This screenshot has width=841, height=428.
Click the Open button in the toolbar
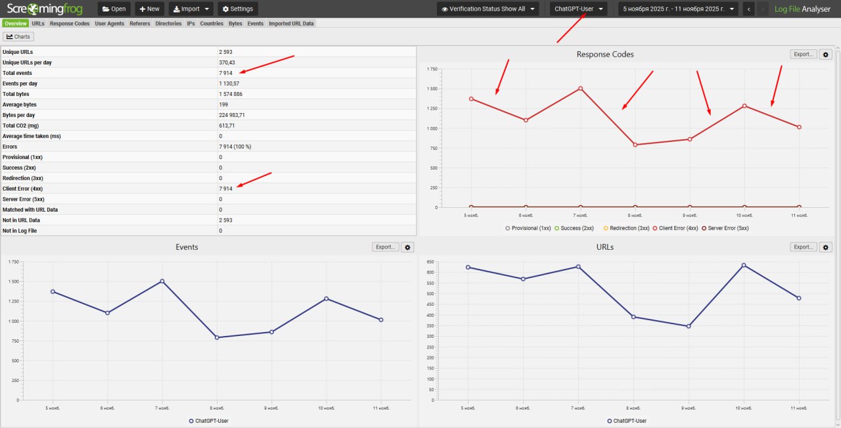click(x=114, y=9)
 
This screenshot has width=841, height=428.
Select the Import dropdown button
click(x=191, y=9)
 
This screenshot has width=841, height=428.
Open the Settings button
click(x=238, y=9)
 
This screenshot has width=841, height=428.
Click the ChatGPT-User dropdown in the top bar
click(x=578, y=9)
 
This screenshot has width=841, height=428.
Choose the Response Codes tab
click(x=70, y=24)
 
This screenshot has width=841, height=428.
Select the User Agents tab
click(x=110, y=24)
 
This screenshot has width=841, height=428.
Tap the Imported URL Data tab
click(x=291, y=24)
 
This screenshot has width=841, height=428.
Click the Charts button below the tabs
click(x=18, y=37)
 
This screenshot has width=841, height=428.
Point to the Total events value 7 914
click(x=226, y=73)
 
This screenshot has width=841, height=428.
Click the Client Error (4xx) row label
click(x=23, y=189)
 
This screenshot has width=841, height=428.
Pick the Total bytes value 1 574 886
click(x=231, y=94)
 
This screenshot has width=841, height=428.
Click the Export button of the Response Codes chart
click(x=804, y=55)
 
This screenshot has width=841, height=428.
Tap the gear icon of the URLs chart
click(x=827, y=247)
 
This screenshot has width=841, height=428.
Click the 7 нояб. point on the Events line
click(x=162, y=281)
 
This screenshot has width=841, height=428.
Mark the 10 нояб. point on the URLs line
click(x=744, y=265)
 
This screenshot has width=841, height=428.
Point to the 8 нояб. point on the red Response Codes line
click(x=635, y=145)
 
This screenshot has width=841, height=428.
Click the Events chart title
click(x=187, y=247)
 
